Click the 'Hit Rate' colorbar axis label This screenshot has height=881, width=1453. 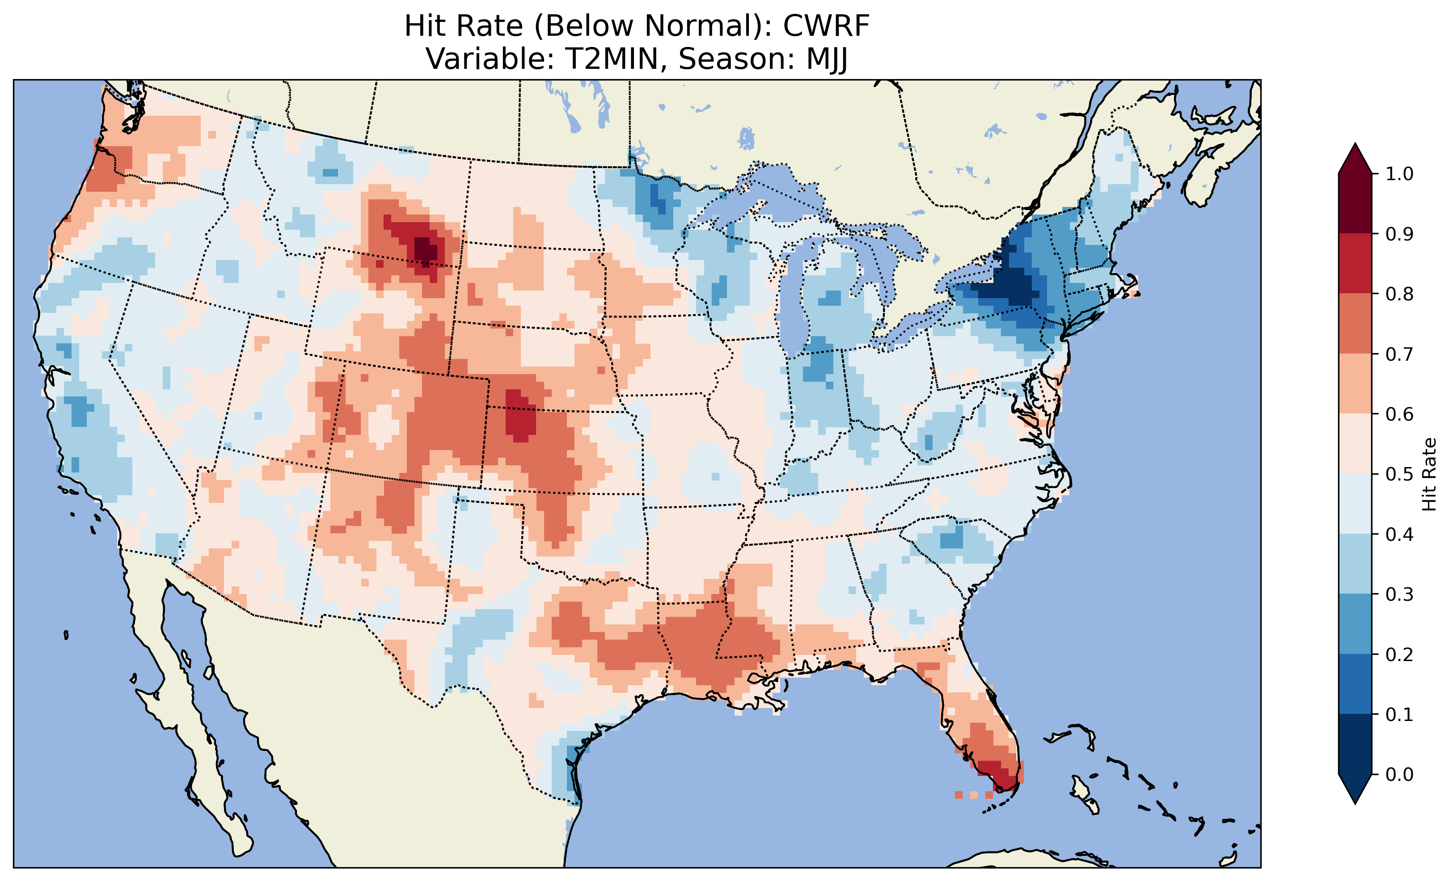click(1429, 474)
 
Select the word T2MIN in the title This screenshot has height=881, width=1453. click(612, 59)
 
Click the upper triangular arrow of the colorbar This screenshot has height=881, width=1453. click(1355, 159)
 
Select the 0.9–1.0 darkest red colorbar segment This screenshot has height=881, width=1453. click(1355, 203)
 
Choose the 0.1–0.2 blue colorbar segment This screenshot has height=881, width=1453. click(1355, 684)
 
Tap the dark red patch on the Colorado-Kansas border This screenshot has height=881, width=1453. click(520, 416)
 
